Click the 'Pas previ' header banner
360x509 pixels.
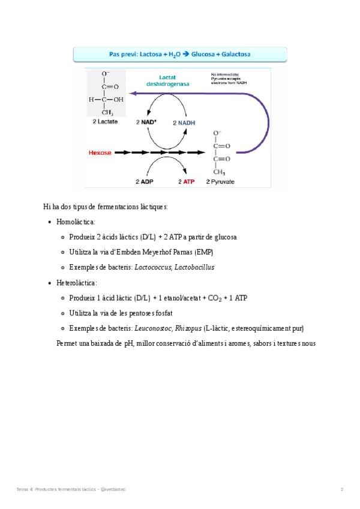[179, 54]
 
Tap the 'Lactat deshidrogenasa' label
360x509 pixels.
[167, 80]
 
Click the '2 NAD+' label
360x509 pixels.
[146, 122]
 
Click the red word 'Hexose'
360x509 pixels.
[100, 152]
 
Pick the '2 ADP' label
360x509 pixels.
[146, 181]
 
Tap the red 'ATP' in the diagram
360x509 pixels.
[188, 181]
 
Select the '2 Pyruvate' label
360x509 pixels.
[220, 181]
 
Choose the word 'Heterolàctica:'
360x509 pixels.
[77, 283]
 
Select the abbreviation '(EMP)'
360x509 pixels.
[203, 252]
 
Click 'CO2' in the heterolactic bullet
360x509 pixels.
[214, 298]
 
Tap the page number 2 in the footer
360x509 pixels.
[342, 489]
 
